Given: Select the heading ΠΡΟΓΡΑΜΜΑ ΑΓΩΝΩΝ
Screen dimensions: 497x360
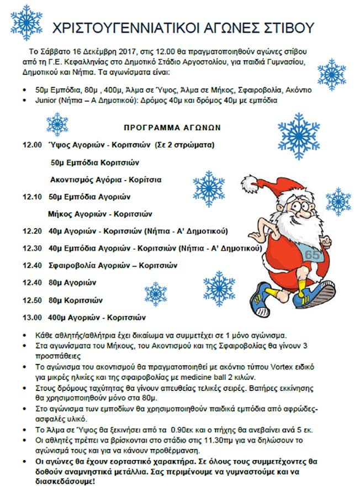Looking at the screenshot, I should (172, 127).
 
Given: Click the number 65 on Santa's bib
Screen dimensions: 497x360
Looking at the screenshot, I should (312, 255).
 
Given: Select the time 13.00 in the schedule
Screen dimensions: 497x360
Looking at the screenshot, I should (32, 318).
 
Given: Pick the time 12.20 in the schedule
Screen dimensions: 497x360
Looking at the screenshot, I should (32, 231).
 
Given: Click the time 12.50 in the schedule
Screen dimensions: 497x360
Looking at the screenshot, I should (32, 300).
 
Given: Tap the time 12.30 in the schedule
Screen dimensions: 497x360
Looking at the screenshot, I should (32, 248).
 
